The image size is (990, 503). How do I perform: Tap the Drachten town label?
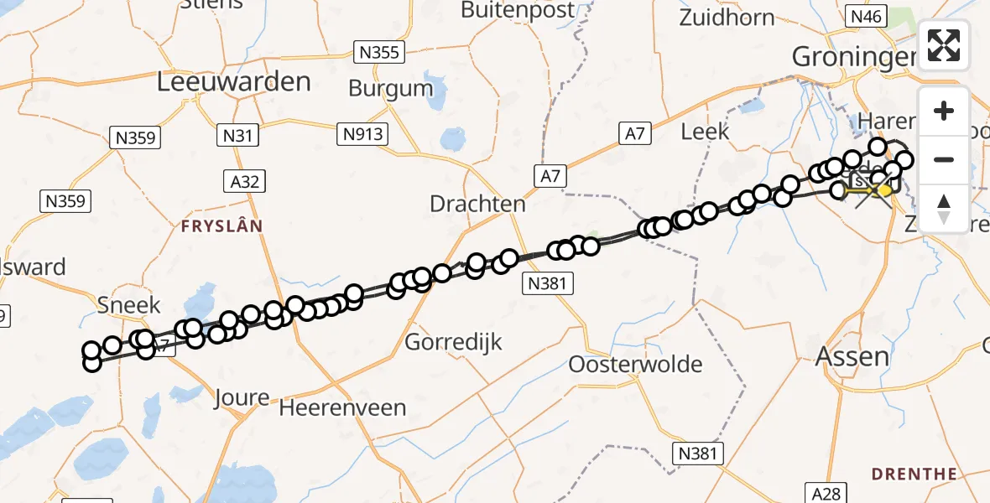477,204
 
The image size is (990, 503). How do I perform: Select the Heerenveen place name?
342,408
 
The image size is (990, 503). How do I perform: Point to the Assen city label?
852,357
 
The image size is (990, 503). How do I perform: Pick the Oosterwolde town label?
635,365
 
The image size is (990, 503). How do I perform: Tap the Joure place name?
242,397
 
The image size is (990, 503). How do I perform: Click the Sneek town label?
128,304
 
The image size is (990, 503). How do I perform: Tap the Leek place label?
705,132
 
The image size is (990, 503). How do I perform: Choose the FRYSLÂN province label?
221,226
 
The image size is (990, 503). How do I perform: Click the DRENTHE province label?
914,474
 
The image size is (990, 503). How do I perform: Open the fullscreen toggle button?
944,45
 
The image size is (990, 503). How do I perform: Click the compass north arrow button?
944,208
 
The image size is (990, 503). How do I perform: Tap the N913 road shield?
362,133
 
